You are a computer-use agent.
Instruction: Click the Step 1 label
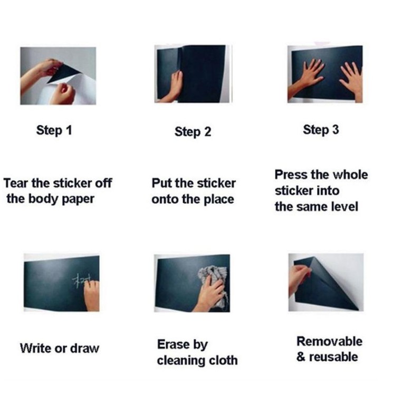pyautogui.click(x=54, y=131)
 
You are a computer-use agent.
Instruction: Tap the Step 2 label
pyautogui.click(x=193, y=132)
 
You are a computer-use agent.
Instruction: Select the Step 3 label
pyautogui.click(x=321, y=130)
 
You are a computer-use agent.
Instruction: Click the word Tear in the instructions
pyautogui.click(x=16, y=183)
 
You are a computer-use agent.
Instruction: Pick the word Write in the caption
pyautogui.click(x=35, y=348)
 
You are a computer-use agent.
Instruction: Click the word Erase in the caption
pyautogui.click(x=173, y=344)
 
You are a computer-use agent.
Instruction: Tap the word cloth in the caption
pyautogui.click(x=223, y=360)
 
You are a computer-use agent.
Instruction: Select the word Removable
pyautogui.click(x=330, y=342)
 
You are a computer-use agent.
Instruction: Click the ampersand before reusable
pyautogui.click(x=301, y=357)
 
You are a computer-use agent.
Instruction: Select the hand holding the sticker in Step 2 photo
pyautogui.click(x=173, y=87)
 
